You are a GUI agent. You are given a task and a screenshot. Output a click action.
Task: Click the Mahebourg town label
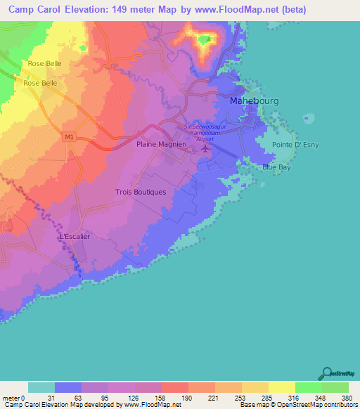(x=255, y=101)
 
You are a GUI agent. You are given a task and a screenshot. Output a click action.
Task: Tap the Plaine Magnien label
(x=161, y=144)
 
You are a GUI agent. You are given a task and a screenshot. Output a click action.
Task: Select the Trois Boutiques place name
(x=141, y=192)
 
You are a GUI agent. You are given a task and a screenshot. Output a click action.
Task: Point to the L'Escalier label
(x=76, y=237)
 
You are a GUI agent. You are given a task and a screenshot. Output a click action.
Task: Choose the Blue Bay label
(x=274, y=167)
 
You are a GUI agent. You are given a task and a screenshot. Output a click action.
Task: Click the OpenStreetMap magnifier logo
(x=326, y=373)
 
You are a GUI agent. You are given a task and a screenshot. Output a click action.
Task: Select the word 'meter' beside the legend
(x=11, y=397)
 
